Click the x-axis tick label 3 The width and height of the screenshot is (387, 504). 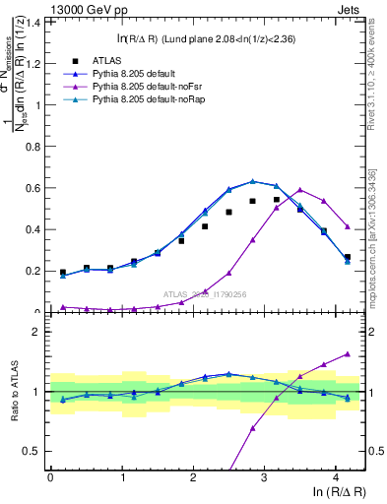point(264,476)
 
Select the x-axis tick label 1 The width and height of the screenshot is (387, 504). point(121,476)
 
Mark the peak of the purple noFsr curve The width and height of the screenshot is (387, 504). point(300,190)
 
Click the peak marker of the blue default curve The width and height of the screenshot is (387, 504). point(253,181)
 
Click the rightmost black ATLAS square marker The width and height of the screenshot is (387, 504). point(348,257)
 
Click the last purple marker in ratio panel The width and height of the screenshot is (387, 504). point(348,353)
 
